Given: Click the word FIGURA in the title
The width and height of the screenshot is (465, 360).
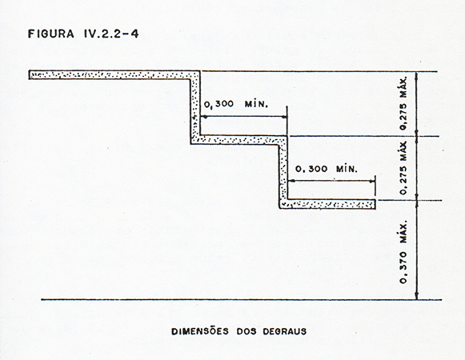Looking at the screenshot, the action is (x=50, y=34).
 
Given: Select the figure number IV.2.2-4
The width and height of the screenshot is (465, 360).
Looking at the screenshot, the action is (x=110, y=34).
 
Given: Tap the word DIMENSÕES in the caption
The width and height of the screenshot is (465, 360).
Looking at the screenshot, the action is (x=200, y=331).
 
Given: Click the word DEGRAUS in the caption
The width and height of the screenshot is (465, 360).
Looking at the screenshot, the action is (x=285, y=331).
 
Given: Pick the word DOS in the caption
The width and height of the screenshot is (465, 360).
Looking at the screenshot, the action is (x=246, y=331).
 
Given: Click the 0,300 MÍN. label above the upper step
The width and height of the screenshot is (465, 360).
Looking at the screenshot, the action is (x=236, y=104).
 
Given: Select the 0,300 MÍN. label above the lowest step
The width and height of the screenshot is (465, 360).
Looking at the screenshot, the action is (x=327, y=169).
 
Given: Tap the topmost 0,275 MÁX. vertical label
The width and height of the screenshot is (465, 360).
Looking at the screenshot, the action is (x=403, y=103).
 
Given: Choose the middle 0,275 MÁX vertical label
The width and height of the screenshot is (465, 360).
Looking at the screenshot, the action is (x=403, y=168).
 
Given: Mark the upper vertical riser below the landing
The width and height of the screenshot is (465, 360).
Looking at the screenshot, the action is (x=194, y=107).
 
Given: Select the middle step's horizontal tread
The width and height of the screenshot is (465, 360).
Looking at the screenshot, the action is (x=239, y=140).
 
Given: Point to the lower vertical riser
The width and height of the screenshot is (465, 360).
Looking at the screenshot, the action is (x=283, y=172).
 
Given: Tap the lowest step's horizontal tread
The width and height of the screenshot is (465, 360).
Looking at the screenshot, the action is (x=327, y=204).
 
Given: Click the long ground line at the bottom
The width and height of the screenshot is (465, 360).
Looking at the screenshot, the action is (x=242, y=299).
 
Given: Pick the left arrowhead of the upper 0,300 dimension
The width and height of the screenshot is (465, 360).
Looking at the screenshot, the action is (x=204, y=117).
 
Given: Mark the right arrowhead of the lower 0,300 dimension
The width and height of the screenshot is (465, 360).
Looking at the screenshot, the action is (x=371, y=181).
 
